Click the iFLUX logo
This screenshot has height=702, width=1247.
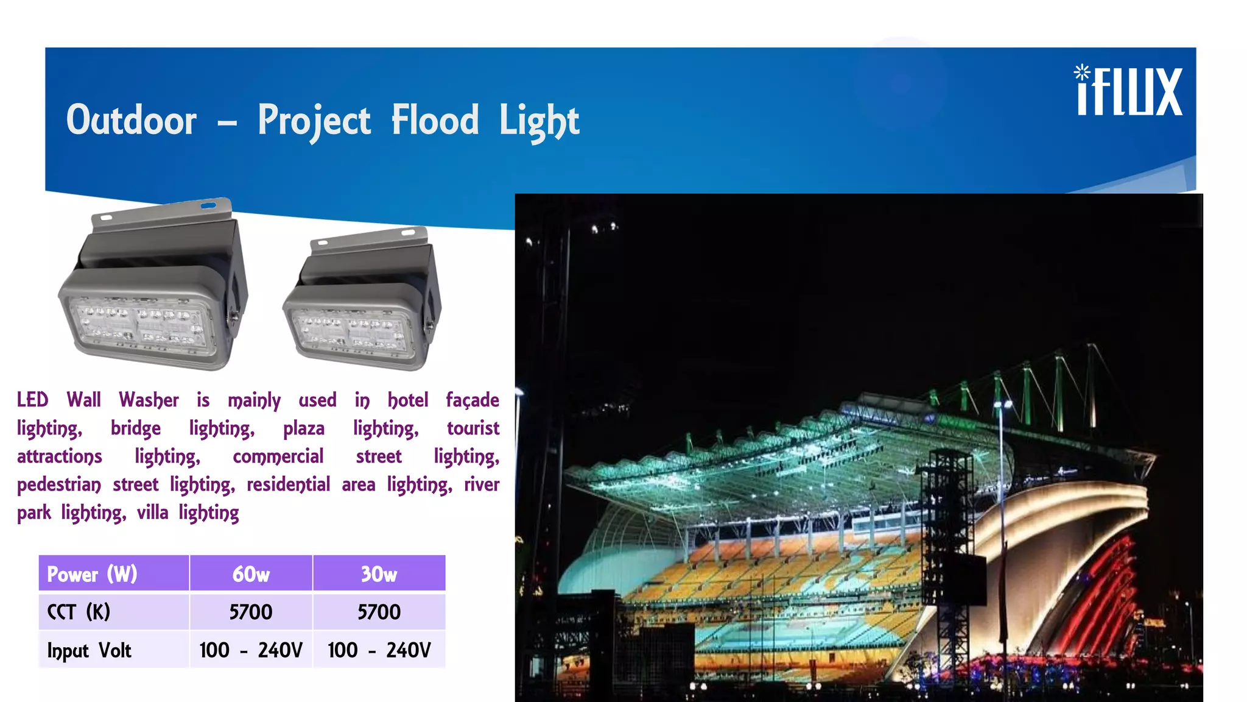1129,91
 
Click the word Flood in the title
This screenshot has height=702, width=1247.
435,119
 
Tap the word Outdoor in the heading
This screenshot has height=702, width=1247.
132,119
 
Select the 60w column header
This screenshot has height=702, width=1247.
251,574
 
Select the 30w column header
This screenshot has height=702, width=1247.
379,574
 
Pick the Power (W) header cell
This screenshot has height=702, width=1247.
93,574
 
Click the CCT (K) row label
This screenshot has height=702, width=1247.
79,612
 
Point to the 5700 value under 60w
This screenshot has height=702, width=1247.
251,612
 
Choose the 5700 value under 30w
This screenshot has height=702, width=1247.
379,612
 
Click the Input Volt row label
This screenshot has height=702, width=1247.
90,650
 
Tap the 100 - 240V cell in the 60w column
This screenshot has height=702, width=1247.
251,650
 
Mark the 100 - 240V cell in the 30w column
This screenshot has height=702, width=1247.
379,650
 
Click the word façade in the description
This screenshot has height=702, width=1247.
472,400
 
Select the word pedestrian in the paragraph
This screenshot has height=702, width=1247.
59,485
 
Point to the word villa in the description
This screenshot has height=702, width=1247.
152,513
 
